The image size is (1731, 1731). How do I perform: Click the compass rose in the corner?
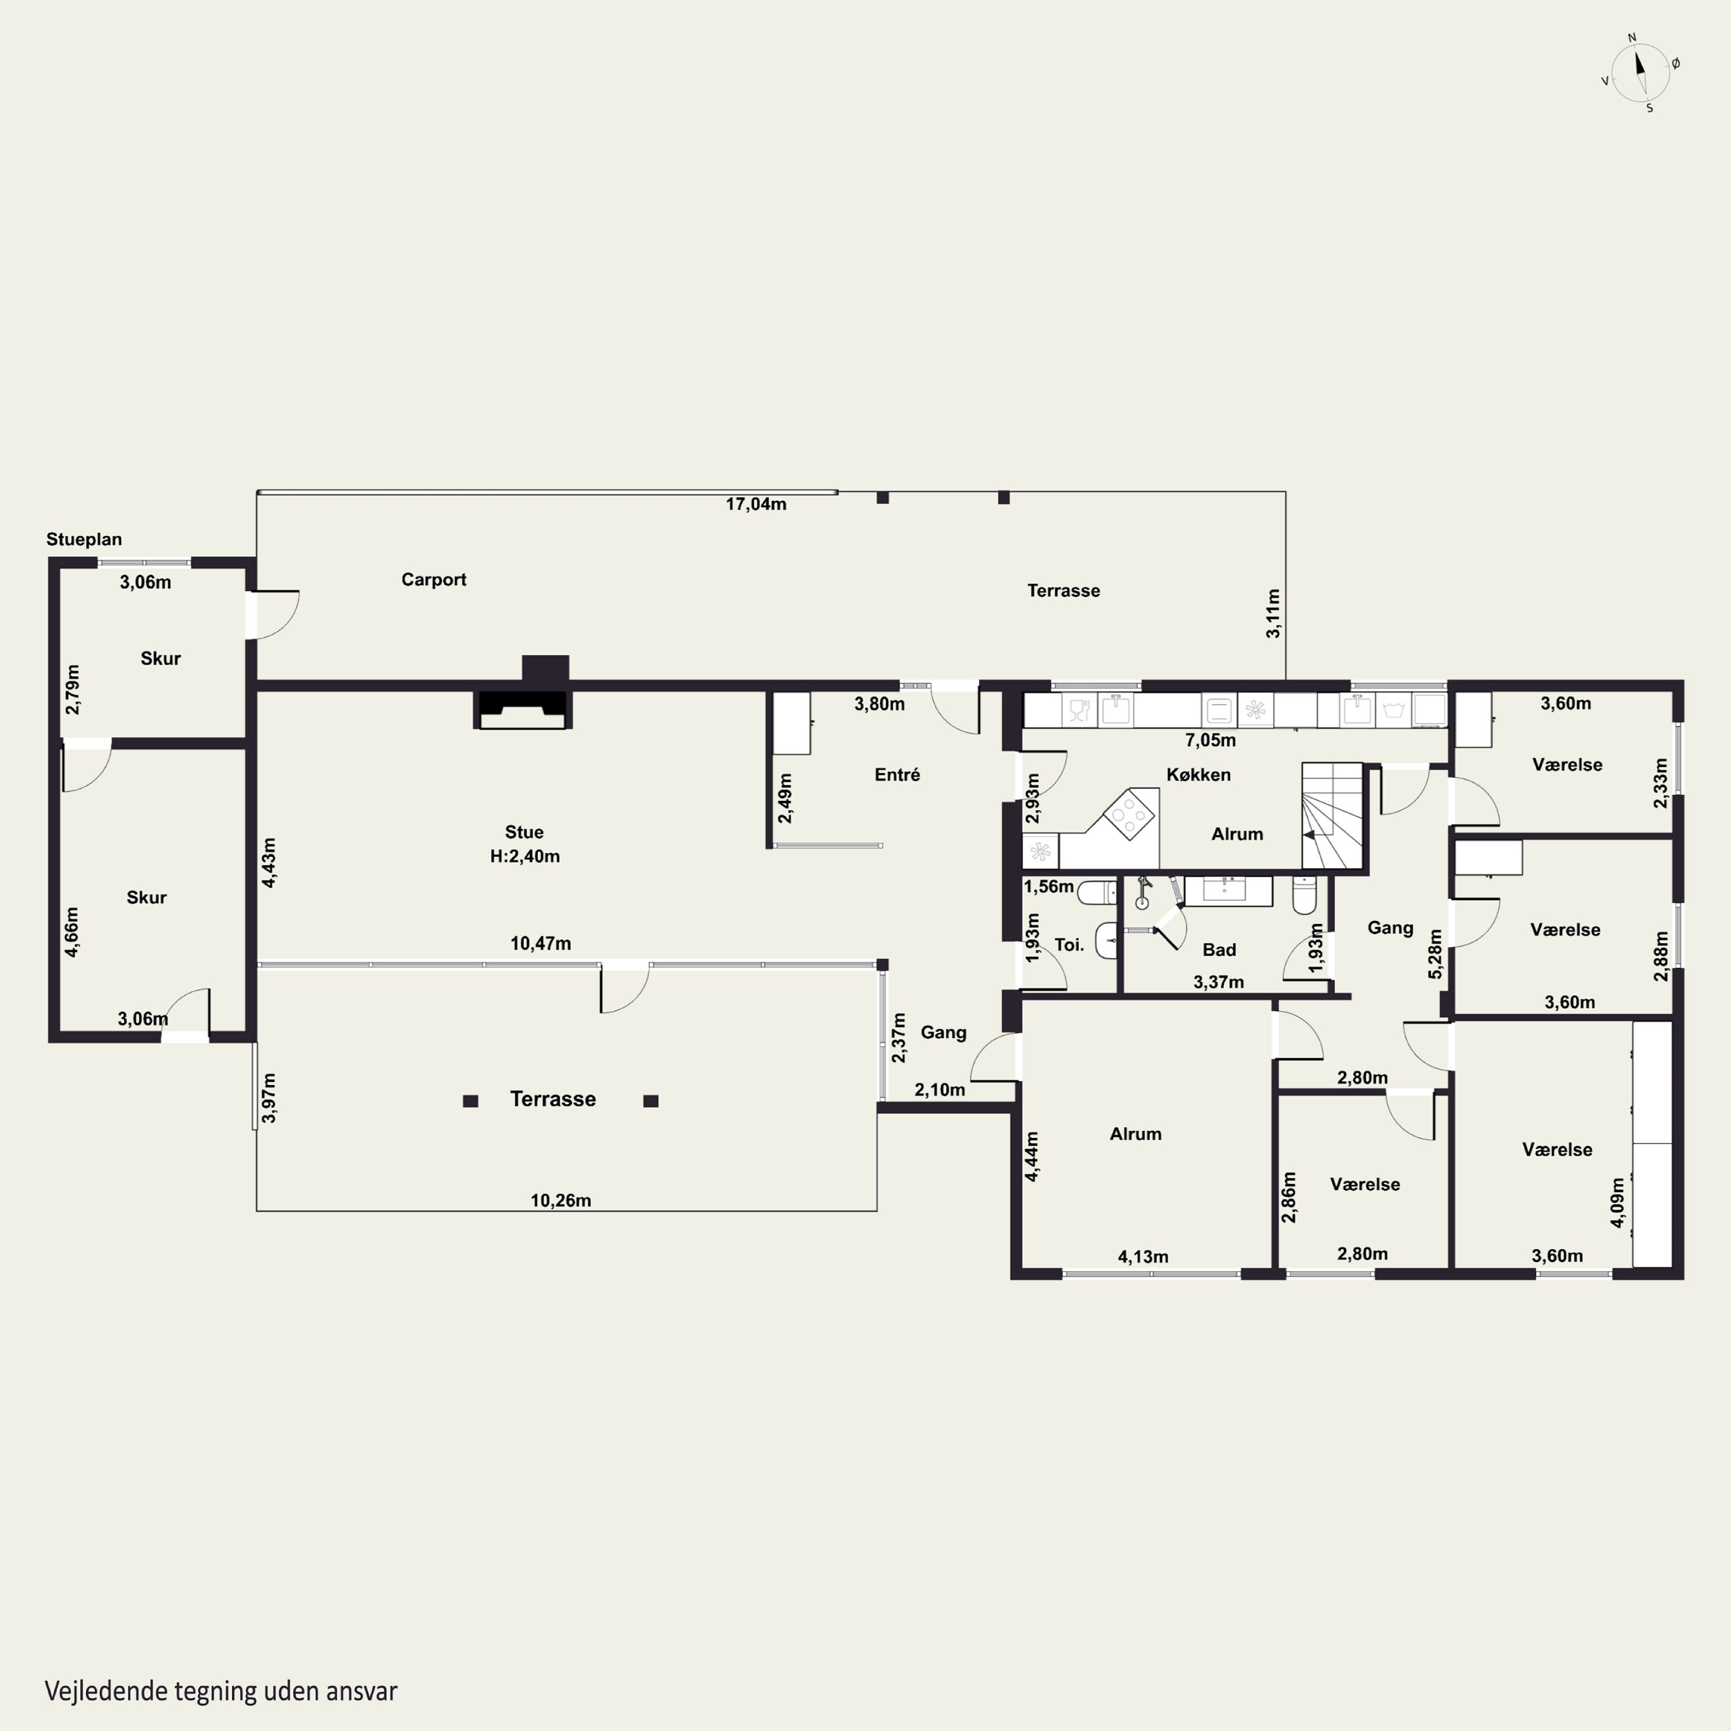[1640, 73]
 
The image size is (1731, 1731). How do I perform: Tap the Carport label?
[434, 580]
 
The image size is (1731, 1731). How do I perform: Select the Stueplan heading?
[84, 539]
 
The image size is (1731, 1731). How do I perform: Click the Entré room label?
[897, 775]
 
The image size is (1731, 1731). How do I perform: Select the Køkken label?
[1199, 775]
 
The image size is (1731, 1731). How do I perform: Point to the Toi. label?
[1069, 945]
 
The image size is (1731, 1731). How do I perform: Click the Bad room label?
[1219, 950]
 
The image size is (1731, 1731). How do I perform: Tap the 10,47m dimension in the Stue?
[540, 943]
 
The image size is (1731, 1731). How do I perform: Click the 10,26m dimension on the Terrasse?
[561, 1201]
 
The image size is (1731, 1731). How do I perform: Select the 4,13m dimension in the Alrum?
[1143, 1257]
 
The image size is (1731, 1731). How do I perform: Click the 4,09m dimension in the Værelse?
[1617, 1203]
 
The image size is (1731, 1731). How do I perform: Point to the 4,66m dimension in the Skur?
[72, 932]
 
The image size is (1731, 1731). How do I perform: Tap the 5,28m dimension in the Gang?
[1436, 954]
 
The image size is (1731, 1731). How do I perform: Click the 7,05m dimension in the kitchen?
[1211, 740]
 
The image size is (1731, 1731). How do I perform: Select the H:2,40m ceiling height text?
[525, 856]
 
